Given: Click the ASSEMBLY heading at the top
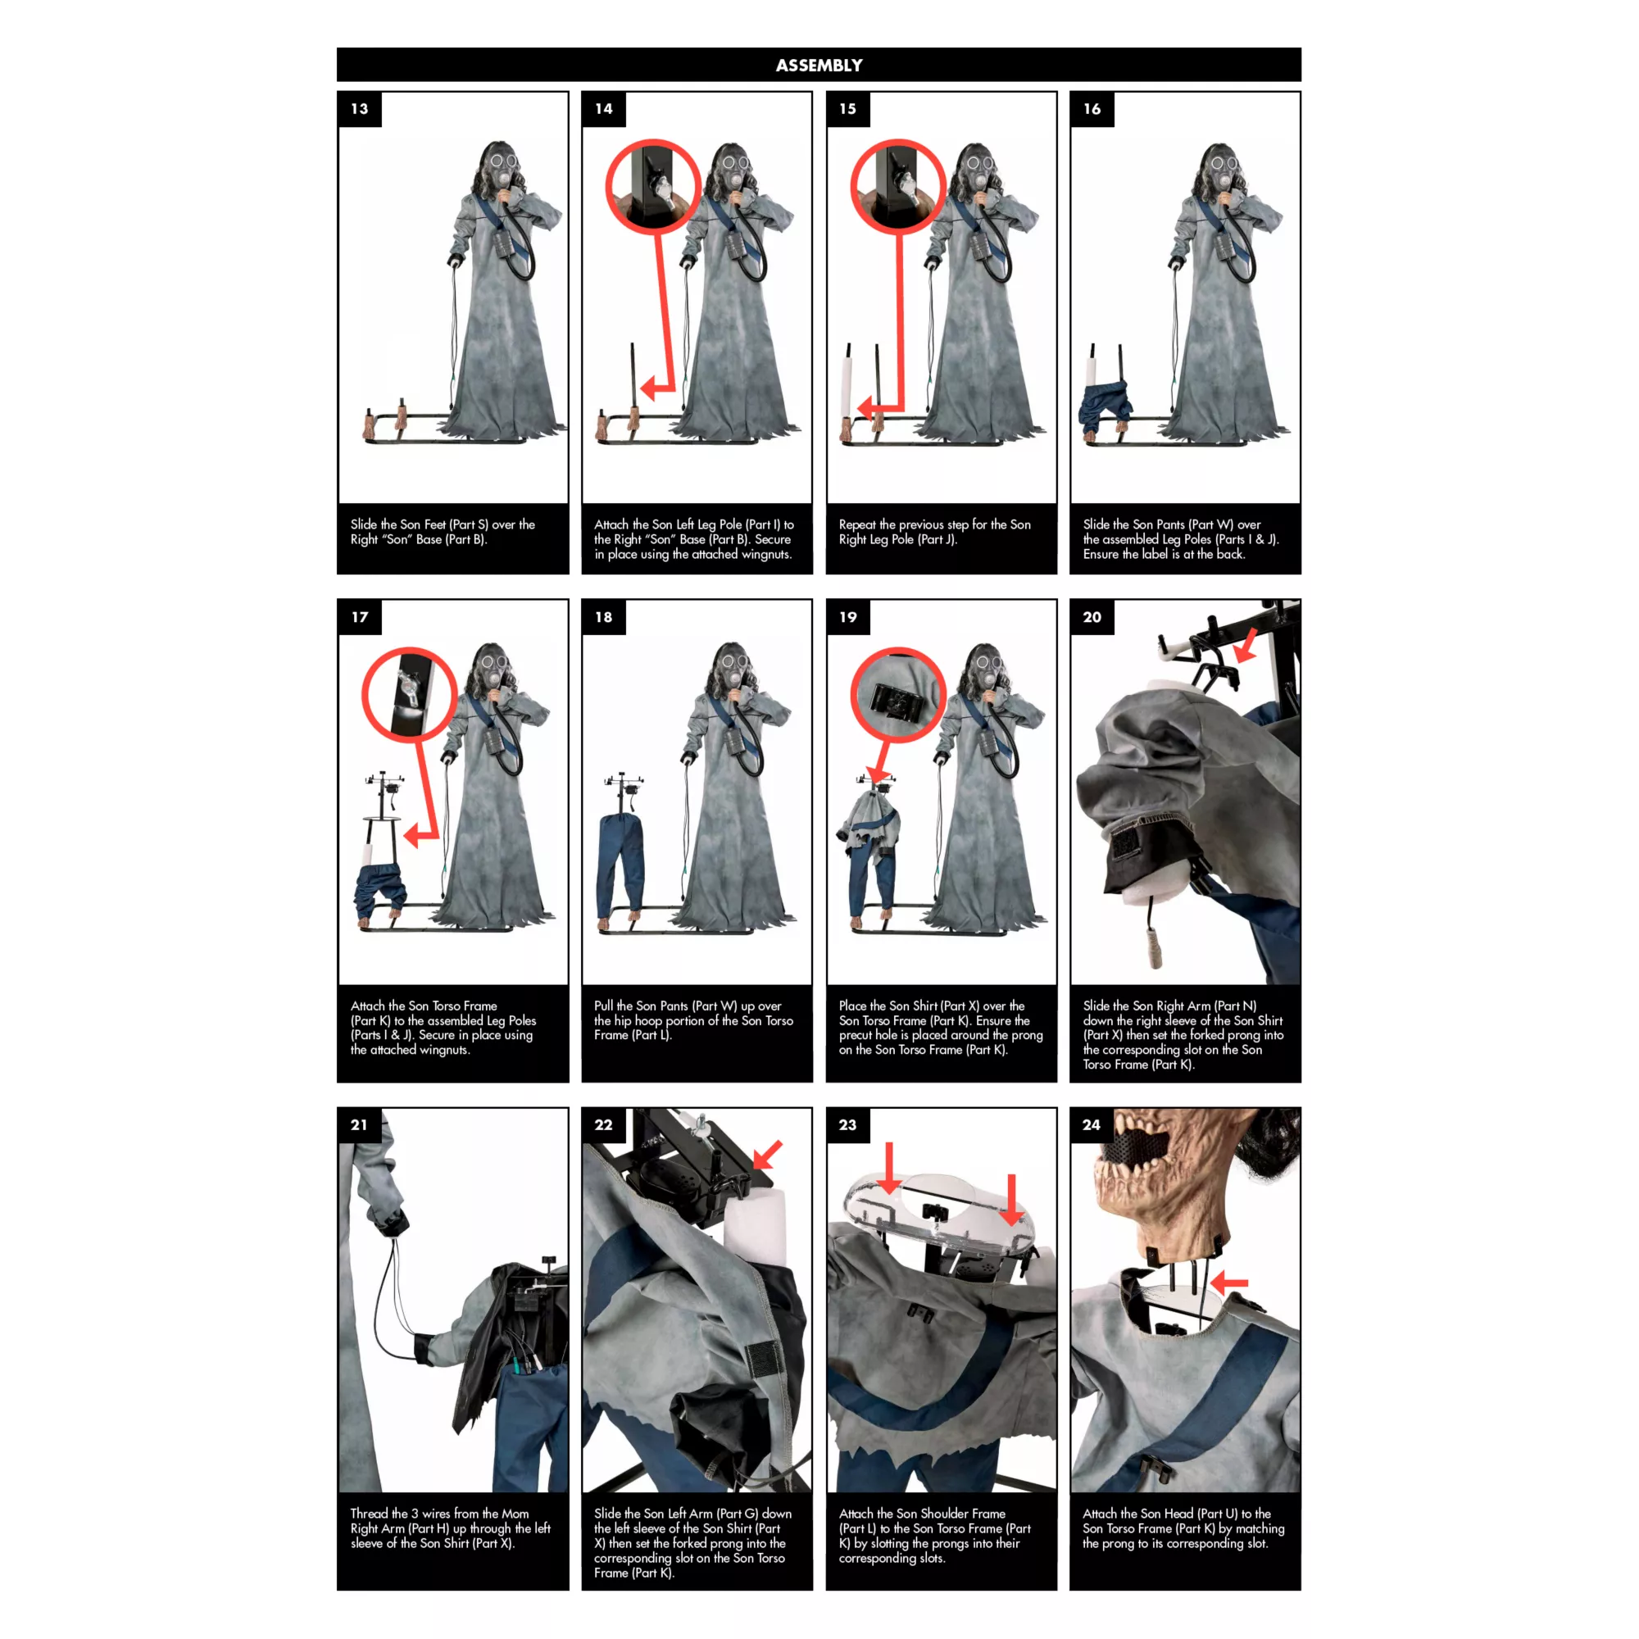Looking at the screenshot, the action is pos(819,66).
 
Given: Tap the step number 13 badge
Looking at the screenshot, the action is pos(360,110).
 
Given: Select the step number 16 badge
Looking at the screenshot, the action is pos(1092,110).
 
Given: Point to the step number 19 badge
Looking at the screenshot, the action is pos(848,618).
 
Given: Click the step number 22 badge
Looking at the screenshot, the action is pos(603,1125).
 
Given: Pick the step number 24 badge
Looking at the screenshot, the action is pos(1092,1125).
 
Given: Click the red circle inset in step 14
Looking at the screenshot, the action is pos(653,187).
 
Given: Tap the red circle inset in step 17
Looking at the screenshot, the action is pos(410,695).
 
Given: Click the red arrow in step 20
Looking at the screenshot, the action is pos(1246,645).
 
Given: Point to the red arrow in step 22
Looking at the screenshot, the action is pos(767,1154).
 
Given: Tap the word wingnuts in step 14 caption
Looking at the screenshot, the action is pos(764,555).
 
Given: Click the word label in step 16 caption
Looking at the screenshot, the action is pos(1155,555).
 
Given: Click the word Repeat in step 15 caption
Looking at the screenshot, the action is pos(858,525).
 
